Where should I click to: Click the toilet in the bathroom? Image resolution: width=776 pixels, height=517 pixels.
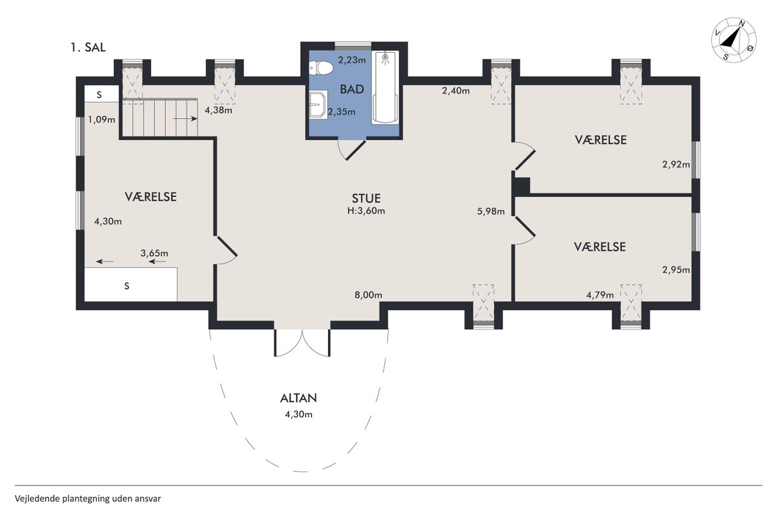(321, 68)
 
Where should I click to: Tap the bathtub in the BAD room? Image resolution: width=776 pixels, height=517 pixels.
(385, 87)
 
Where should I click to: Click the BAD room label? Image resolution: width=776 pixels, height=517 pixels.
(352, 89)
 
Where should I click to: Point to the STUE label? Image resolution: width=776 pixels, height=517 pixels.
(366, 198)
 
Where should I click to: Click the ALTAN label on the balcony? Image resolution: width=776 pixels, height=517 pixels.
(298, 398)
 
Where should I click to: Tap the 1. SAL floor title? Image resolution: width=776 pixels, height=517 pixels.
(88, 47)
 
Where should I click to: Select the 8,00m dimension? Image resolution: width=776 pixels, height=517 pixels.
(368, 295)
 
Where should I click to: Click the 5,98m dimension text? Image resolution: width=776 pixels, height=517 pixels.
(491, 212)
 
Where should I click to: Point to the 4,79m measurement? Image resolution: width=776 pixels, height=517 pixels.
(600, 295)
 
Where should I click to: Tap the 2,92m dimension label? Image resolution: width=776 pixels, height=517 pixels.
(676, 164)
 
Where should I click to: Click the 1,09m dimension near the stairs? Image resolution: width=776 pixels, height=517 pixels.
(101, 120)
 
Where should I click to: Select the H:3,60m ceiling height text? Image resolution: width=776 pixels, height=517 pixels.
(366, 211)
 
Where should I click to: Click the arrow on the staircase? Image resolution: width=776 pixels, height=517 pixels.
(185, 119)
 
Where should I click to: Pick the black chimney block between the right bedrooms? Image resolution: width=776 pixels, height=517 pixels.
(522, 186)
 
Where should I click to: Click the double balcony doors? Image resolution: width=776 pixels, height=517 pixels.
(303, 343)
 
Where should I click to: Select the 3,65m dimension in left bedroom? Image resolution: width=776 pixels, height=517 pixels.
(154, 253)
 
